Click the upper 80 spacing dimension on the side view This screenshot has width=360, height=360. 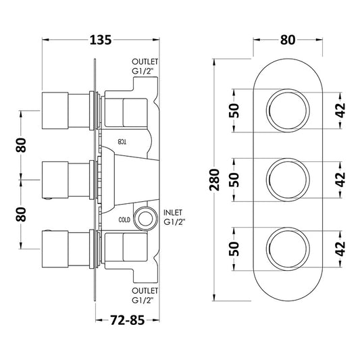pos(22,144)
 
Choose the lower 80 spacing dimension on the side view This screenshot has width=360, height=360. pos(22,215)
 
